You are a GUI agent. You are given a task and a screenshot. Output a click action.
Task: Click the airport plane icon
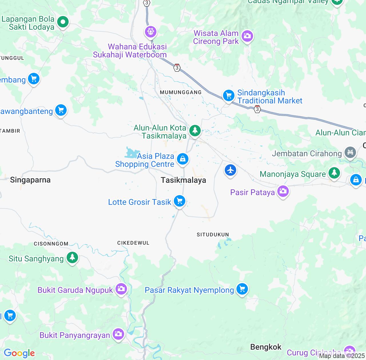point(230,170)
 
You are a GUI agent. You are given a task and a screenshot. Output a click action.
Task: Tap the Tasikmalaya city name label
point(183,180)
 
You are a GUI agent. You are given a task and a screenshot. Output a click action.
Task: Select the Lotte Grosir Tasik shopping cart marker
point(180,201)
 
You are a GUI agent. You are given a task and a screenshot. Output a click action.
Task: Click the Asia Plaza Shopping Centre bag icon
point(183,159)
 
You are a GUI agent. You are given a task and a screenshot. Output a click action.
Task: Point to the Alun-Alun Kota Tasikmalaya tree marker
point(195,131)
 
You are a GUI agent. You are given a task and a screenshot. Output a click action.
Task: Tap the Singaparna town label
point(30,180)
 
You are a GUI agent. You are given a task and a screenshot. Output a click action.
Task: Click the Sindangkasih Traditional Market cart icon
point(229,95)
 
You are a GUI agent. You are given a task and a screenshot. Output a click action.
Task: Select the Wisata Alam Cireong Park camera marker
point(247,36)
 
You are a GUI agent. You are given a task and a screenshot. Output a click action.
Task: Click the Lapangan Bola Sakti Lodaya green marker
point(63,22)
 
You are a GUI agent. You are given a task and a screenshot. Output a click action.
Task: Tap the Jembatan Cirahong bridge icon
point(350,152)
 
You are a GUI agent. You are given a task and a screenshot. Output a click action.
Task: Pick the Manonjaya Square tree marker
point(334,173)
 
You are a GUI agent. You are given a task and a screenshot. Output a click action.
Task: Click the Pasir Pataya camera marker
point(283,191)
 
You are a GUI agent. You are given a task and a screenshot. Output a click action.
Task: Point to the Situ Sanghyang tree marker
point(72,257)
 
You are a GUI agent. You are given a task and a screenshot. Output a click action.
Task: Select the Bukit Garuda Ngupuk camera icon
point(121,289)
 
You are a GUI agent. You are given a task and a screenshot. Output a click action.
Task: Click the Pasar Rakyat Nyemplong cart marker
point(242,289)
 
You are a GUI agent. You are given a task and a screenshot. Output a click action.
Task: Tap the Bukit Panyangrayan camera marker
point(118,334)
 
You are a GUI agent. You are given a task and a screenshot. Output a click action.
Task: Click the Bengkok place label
point(266,347)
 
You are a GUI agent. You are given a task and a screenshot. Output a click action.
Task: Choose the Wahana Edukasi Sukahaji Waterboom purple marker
point(151,31)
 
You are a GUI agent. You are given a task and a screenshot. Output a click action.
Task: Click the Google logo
point(19,353)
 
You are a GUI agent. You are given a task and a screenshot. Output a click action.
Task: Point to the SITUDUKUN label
point(213,235)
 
